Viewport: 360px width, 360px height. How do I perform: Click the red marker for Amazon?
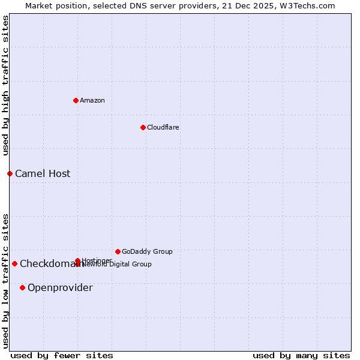pos(76,100)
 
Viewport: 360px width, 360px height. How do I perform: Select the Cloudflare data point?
pos(143,127)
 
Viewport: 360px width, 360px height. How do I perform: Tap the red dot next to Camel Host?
pos(10,173)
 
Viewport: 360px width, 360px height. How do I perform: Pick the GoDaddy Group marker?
pos(118,251)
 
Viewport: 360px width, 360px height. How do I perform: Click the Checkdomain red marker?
pos(14,263)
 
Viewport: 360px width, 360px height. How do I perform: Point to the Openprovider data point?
pos(22,287)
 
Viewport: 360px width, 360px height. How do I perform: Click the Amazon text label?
pos(92,100)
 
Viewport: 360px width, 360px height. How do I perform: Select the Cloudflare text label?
pos(163,127)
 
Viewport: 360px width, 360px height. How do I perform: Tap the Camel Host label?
pos(43,173)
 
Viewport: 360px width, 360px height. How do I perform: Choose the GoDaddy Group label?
pos(147,251)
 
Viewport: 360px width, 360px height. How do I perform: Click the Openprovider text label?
pos(60,287)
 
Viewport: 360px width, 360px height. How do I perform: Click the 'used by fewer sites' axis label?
pos(62,355)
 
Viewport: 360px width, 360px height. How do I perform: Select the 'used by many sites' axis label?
pos(301,355)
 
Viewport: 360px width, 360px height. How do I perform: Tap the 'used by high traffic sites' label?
pos(5,85)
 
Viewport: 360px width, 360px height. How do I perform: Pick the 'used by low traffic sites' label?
pos(5,280)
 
